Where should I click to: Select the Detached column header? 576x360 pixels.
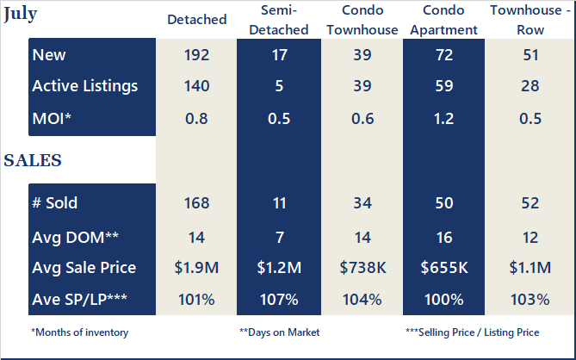tap(197, 19)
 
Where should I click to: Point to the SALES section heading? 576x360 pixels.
tap(33, 160)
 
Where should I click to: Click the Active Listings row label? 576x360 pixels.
tap(84, 86)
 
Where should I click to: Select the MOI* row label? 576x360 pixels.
tap(52, 118)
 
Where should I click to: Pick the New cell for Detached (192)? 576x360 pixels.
tap(197, 55)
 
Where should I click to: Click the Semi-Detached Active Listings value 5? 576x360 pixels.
tap(279, 86)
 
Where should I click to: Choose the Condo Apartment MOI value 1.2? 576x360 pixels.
tap(444, 118)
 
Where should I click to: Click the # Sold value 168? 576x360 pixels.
tap(197, 203)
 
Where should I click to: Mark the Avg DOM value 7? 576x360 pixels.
tap(279, 235)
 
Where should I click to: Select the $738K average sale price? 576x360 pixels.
tap(362, 267)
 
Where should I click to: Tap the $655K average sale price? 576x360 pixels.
tap(444, 267)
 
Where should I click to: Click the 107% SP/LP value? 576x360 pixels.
tap(279, 299)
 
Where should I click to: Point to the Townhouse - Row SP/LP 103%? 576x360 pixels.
tap(530, 299)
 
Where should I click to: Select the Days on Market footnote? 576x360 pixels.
tap(279, 332)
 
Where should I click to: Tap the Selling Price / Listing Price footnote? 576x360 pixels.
tap(471, 332)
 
